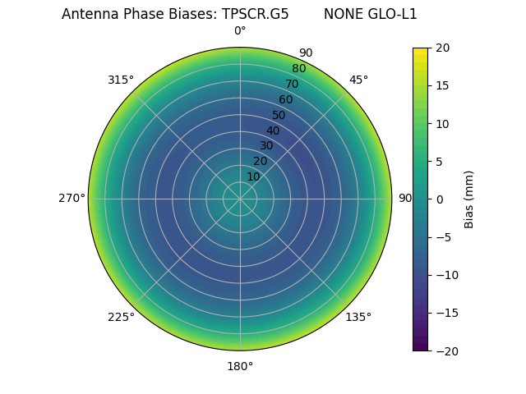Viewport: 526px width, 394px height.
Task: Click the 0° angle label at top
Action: [x=240, y=31]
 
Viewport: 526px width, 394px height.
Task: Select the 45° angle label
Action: [x=358, y=80]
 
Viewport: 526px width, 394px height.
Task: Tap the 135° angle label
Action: [x=358, y=317]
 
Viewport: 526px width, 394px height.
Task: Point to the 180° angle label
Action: [x=240, y=366]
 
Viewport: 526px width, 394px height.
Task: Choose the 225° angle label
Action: [x=121, y=317]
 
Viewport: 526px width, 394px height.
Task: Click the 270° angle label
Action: [x=72, y=199]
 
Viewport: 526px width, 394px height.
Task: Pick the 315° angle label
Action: [x=121, y=80]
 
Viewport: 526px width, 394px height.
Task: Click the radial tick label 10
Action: [x=254, y=176]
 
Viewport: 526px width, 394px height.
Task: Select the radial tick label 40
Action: [x=273, y=131]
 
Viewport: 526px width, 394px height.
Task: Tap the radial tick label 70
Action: [x=292, y=85]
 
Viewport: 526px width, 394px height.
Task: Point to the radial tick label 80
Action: [x=298, y=69]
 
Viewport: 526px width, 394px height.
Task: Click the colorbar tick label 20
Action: [x=442, y=48]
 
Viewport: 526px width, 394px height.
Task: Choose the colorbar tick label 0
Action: [x=439, y=199]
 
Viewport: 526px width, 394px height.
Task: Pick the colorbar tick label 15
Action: [x=442, y=85]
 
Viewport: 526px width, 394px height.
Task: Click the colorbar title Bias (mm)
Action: [x=469, y=199]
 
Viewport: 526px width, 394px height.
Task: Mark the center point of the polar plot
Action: [x=240, y=199]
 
